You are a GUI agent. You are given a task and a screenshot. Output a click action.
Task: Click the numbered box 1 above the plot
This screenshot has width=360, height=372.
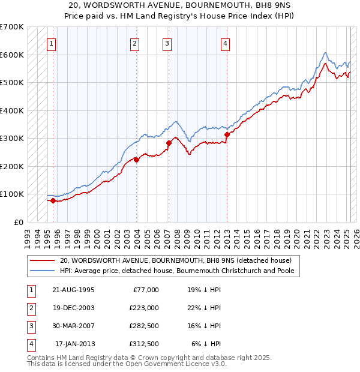coord(52,43)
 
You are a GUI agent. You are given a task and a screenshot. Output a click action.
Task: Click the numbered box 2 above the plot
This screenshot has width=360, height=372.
coord(135,43)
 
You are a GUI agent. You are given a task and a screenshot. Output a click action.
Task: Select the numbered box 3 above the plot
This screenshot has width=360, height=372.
coord(167,43)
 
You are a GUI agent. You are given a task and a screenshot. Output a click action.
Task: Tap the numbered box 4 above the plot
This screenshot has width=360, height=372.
coord(225,43)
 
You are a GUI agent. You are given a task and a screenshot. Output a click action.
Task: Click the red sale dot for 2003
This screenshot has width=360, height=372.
coord(137,160)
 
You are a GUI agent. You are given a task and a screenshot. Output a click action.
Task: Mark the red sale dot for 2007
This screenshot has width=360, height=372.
coord(169,143)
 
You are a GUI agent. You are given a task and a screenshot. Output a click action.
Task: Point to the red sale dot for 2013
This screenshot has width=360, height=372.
coord(227,135)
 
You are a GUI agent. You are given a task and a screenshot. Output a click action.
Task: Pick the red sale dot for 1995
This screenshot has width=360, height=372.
coord(53,200)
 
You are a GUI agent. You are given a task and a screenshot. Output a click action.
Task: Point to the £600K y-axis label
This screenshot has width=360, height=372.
coord(12,55)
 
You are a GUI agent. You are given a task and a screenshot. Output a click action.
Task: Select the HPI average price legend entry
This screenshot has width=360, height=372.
coord(180,271)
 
